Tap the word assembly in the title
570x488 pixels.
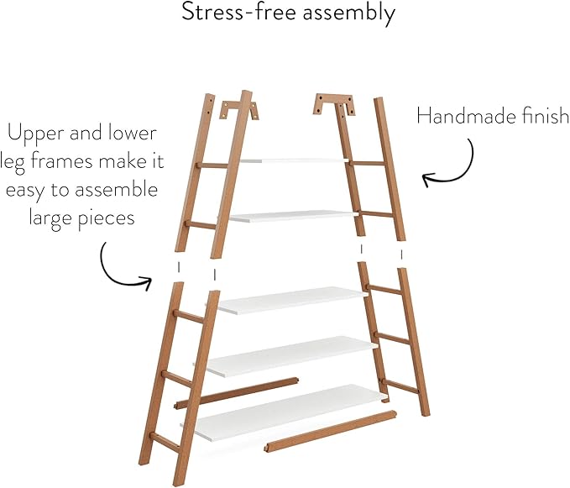pos(348,13)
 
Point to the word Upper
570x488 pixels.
pos(36,134)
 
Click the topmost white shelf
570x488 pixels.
pos(295,160)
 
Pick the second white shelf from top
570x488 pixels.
pos(293,217)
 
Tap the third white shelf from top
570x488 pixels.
pos(290,301)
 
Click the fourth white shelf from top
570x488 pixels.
pos(290,356)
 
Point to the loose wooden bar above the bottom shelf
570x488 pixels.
pos(237,393)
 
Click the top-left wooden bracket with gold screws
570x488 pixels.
pos(240,110)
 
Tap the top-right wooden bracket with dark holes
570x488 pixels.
pos(334,104)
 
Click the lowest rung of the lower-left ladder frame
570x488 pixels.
pos(165,443)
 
